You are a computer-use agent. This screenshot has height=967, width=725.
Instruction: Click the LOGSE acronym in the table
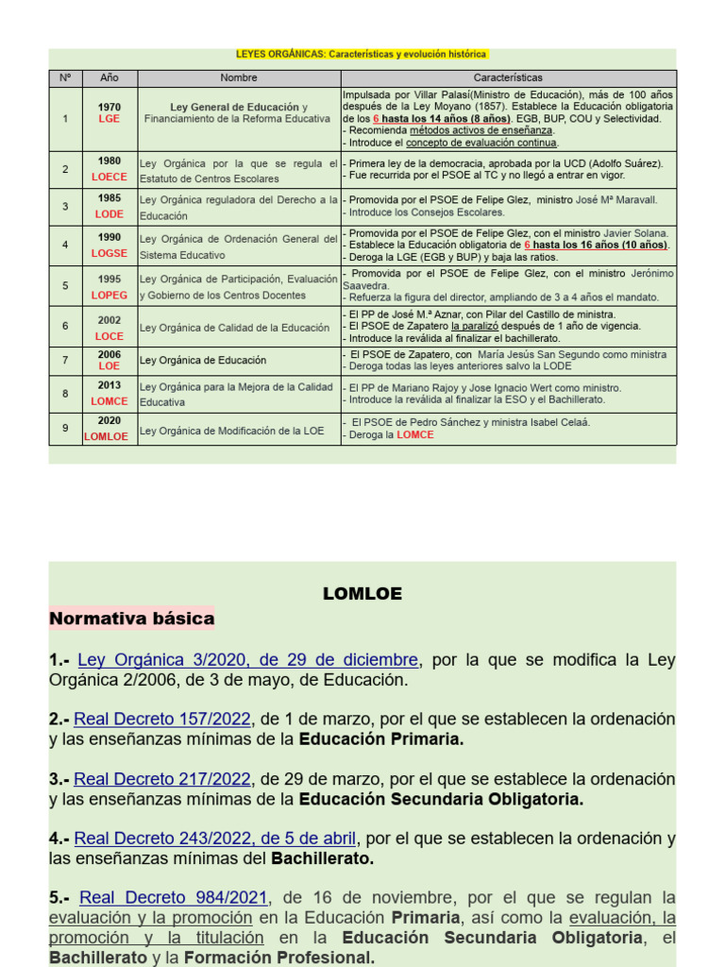point(109,254)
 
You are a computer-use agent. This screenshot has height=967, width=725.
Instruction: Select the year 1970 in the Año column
point(109,108)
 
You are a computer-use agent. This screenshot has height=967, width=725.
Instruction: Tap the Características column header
point(508,77)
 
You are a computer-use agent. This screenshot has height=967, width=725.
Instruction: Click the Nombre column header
point(239,77)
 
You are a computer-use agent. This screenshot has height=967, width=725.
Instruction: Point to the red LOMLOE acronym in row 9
point(106,436)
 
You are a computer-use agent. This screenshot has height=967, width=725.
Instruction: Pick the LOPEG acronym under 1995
point(109,296)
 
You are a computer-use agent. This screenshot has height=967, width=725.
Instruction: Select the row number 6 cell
point(65,326)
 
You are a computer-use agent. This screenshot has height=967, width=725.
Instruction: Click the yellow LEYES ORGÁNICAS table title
point(362,55)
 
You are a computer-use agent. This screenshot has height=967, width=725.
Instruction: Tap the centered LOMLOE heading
point(362,594)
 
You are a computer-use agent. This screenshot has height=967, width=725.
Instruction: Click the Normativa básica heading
point(131,619)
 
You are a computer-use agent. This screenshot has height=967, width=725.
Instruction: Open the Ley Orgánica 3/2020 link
point(247,660)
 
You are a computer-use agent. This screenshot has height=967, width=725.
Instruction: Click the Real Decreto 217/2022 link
point(162,779)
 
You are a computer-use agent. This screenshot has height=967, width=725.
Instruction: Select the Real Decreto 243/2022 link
point(215,838)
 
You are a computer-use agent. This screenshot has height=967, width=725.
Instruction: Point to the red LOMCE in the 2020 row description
point(414,435)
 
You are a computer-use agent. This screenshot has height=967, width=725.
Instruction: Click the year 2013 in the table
point(109,385)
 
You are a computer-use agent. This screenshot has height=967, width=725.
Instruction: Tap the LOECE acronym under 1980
point(109,177)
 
